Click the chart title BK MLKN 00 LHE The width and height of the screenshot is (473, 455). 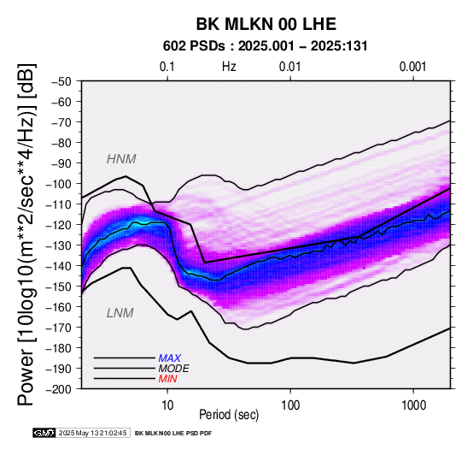pyautogui.click(x=266, y=24)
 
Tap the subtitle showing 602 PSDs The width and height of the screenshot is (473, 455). pyautogui.click(x=266, y=46)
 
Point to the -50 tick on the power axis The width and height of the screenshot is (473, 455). pyautogui.click(x=61, y=81)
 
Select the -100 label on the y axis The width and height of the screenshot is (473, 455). pyautogui.click(x=59, y=184)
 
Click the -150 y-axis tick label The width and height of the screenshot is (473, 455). pyautogui.click(x=59, y=287)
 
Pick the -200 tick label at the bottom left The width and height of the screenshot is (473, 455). pyautogui.click(x=59, y=389)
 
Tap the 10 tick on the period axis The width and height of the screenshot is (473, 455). pyautogui.click(x=167, y=405)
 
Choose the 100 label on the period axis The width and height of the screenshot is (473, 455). pyautogui.click(x=290, y=405)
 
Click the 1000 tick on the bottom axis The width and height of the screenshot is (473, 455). pyautogui.click(x=413, y=405)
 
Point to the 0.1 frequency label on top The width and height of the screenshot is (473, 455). pyautogui.click(x=167, y=67)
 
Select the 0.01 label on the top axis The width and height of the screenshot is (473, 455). pyautogui.click(x=290, y=67)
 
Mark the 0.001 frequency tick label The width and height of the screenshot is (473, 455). pyautogui.click(x=412, y=67)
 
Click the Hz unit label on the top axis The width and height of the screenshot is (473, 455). pyautogui.click(x=229, y=67)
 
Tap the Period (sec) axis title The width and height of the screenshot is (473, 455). pyautogui.click(x=229, y=415)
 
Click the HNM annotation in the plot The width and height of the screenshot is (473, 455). pyautogui.click(x=121, y=159)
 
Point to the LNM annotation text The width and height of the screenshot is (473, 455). pyautogui.click(x=120, y=313)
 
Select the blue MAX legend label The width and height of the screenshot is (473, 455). pyautogui.click(x=169, y=358)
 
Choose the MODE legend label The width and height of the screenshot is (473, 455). pyautogui.click(x=173, y=369)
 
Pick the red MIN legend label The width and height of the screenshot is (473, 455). pyautogui.click(x=167, y=379)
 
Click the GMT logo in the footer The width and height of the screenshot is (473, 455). pyautogui.click(x=44, y=433)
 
